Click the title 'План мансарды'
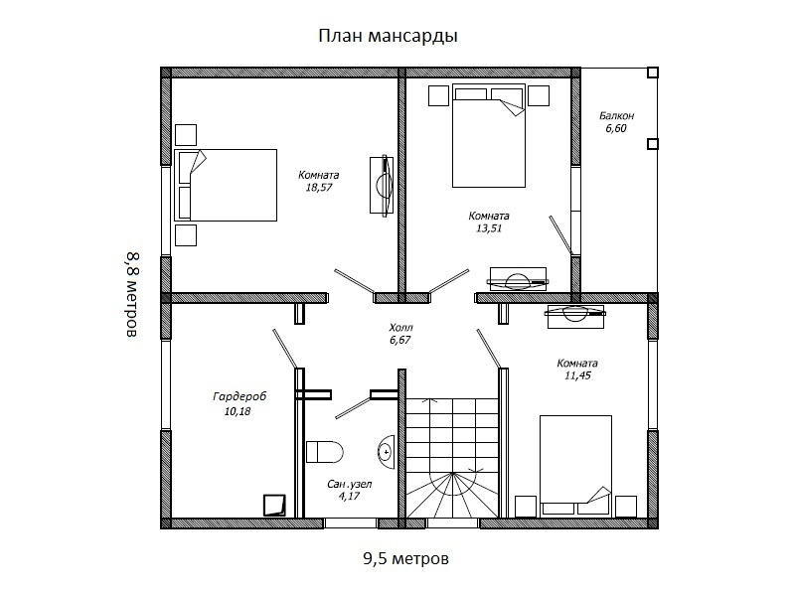click(x=388, y=36)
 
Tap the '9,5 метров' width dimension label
click(x=405, y=558)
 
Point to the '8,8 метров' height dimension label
click(x=132, y=294)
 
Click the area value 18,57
click(x=318, y=188)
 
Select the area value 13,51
click(x=489, y=228)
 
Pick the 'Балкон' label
click(x=616, y=115)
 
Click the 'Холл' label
click(x=400, y=328)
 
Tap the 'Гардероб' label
click(x=239, y=396)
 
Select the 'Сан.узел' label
click(x=350, y=484)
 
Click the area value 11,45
click(x=577, y=375)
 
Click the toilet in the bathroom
click(x=325, y=451)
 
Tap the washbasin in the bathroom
click(x=387, y=451)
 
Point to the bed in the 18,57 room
click(x=226, y=185)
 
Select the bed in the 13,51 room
click(x=489, y=135)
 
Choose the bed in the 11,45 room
click(x=575, y=466)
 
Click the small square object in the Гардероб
click(x=274, y=506)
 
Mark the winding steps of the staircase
click(x=452, y=495)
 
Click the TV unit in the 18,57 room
click(x=382, y=185)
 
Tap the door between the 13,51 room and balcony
click(x=561, y=235)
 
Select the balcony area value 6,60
click(x=616, y=128)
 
